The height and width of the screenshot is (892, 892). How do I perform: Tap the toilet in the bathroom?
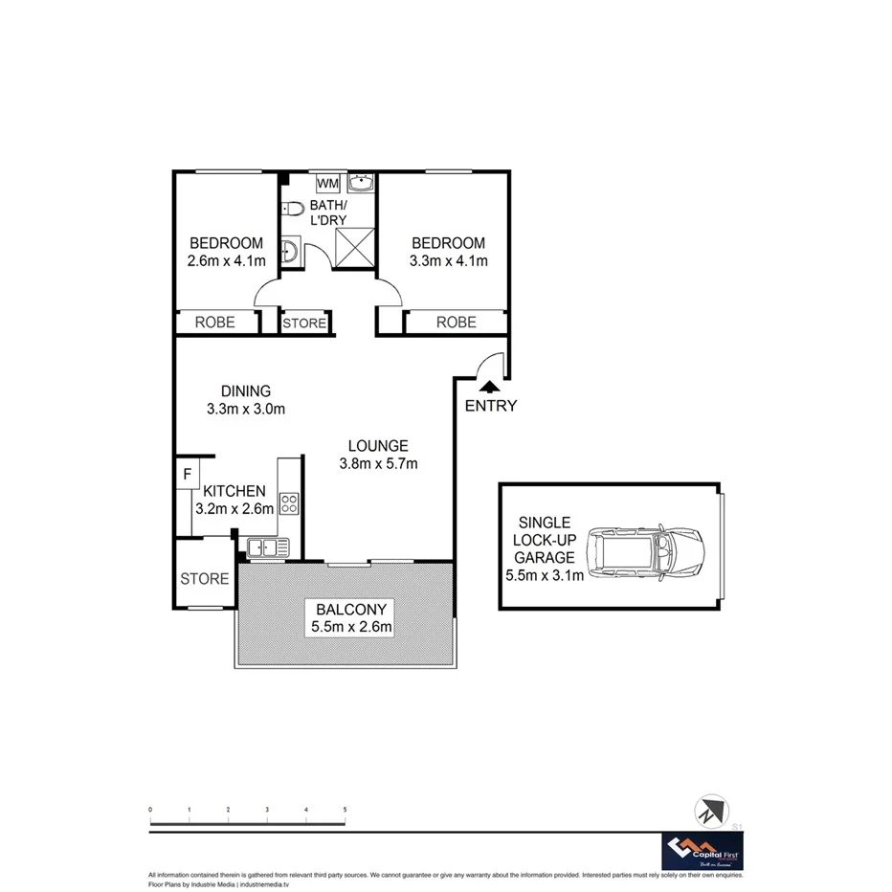(292, 208)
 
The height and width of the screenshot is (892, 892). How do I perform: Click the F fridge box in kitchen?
(188, 474)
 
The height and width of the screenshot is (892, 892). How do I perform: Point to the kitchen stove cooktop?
(289, 502)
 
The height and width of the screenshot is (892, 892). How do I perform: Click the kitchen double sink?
(268, 547)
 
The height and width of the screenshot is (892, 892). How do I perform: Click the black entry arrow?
(489, 386)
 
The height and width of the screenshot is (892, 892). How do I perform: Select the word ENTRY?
(491, 406)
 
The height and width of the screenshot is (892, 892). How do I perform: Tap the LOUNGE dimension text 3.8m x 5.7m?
(378, 464)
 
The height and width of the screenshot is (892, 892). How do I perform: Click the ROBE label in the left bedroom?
(215, 323)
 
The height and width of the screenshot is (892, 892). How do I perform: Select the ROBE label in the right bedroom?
(456, 323)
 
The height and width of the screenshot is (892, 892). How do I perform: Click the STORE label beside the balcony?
(205, 579)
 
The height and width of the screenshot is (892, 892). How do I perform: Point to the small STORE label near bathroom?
(304, 323)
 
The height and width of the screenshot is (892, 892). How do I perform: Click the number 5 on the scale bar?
(345, 810)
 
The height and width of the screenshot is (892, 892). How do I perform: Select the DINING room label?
(246, 390)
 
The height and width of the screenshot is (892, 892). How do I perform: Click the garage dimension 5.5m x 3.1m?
(545, 575)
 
